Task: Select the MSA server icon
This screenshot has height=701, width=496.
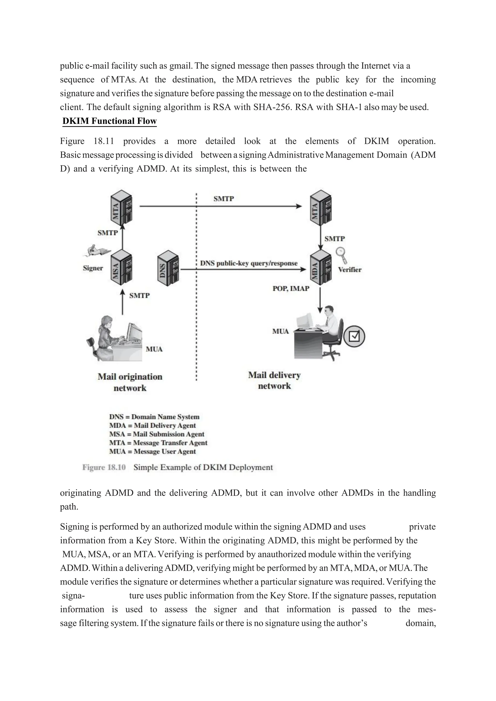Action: (x=121, y=267)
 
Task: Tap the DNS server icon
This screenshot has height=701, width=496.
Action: (x=168, y=269)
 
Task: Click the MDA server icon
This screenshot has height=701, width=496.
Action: (x=320, y=267)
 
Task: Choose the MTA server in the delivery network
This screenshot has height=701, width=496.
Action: (x=320, y=207)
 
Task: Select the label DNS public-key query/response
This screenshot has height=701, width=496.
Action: (x=249, y=263)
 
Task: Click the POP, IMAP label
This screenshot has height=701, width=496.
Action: (x=291, y=289)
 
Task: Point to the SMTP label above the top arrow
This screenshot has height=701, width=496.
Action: (x=224, y=199)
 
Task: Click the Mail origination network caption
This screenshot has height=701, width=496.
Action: (x=130, y=382)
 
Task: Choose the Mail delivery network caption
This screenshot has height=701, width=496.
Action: (x=274, y=381)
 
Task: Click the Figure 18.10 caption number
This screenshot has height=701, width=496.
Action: (x=104, y=467)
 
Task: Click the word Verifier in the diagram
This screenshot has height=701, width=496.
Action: (x=349, y=270)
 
